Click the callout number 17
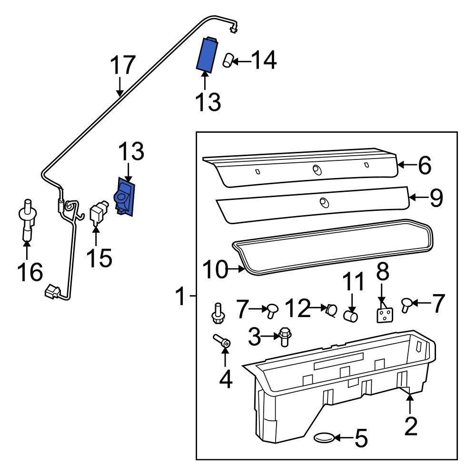[123, 65]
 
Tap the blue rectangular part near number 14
[207, 54]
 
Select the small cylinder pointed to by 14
[228, 61]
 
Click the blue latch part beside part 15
[124, 197]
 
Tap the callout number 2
[410, 426]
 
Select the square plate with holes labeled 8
[385, 315]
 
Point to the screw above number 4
[221, 341]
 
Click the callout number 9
[436, 198]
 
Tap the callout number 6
[424, 165]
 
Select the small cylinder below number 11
[351, 315]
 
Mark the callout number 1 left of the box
[181, 297]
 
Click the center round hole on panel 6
[316, 169]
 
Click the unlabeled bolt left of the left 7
[218, 312]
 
